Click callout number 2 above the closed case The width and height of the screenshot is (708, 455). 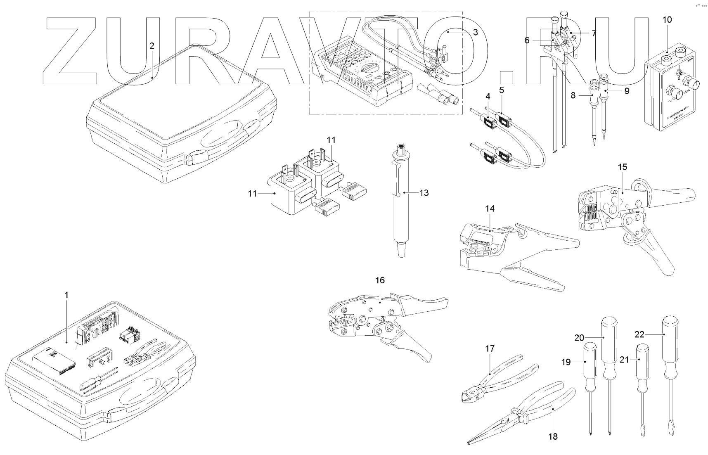tap(152, 46)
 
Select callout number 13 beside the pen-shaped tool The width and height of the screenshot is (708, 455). tap(424, 193)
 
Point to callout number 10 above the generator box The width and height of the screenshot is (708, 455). tap(667, 19)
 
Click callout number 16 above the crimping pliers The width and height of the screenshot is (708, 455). tap(380, 280)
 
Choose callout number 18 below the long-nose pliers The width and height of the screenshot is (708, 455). tap(553, 436)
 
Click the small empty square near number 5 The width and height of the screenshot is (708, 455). tap(506, 78)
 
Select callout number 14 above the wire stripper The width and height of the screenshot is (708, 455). tap(490, 209)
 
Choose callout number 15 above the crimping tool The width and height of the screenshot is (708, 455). tap(623, 167)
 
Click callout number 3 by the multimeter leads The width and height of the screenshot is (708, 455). tap(475, 32)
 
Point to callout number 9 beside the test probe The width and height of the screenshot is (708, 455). tap(627, 91)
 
